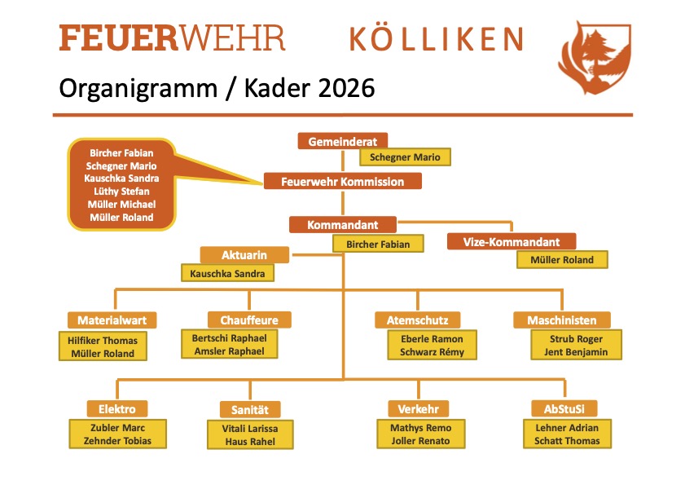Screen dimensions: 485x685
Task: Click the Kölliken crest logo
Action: pos(594,58)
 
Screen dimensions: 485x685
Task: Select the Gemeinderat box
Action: pos(342,141)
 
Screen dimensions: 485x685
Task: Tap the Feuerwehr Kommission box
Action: pos(342,181)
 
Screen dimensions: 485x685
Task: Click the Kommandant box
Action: pos(342,224)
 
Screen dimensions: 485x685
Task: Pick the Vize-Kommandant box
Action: pos(512,242)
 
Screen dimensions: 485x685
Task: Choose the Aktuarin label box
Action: pos(244,255)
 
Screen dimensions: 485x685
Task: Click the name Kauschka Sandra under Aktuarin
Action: pos(227,274)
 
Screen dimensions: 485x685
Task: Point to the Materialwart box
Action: pos(112,320)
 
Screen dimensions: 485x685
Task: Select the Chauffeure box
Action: pos(249,320)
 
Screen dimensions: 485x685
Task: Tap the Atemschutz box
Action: pos(418,320)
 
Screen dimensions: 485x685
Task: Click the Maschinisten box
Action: pos(561,320)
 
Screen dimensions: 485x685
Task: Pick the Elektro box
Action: pos(117,408)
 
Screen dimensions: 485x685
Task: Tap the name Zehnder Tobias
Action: pos(117,441)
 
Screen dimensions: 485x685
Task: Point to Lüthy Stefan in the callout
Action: pos(122,191)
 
